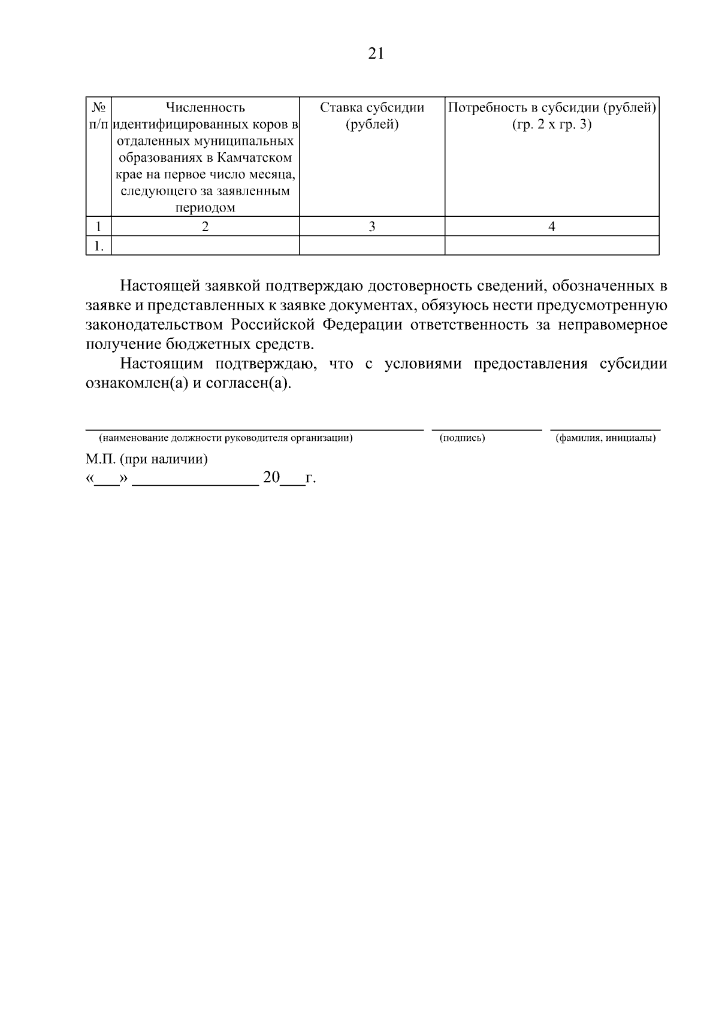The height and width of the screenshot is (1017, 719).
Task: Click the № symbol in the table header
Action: point(99,108)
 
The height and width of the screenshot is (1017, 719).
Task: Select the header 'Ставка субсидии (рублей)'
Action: point(372,116)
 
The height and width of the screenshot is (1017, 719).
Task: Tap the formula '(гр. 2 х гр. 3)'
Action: point(552,125)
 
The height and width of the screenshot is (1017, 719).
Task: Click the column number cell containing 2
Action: point(206,226)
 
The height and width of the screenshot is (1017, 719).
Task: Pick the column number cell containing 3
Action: point(372,226)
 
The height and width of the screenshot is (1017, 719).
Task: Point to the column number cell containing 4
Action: point(552,226)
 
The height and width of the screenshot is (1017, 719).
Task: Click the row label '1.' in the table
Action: point(99,246)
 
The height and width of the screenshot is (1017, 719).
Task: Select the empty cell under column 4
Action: point(552,246)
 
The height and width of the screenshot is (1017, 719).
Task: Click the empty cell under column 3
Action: point(372,246)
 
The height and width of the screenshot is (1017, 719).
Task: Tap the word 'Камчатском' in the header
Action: point(256,158)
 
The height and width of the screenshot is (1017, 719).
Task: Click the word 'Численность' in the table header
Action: point(206,108)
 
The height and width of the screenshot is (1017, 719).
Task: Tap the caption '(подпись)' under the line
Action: point(462,438)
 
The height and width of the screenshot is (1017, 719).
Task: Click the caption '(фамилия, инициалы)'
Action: point(605,438)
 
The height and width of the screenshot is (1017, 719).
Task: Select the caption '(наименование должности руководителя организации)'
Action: point(225,438)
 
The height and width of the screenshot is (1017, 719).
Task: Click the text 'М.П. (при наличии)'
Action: point(147,459)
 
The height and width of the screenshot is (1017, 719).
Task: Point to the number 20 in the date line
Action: point(271,478)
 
